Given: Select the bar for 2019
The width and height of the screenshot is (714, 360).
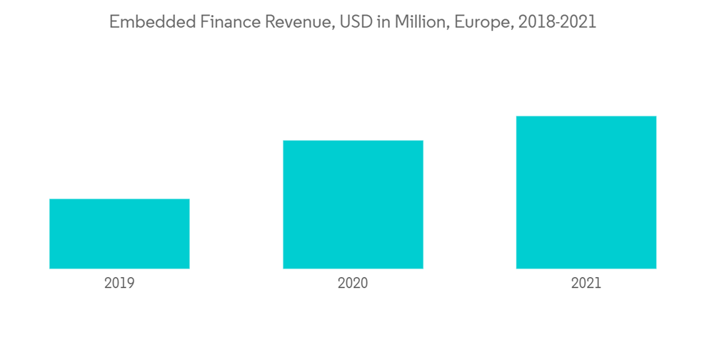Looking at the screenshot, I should [x=119, y=234].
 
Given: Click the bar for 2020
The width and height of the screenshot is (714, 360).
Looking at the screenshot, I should [x=353, y=204].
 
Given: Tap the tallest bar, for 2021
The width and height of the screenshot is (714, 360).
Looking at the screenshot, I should [x=586, y=192].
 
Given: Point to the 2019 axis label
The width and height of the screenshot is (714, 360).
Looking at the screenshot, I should [x=119, y=284].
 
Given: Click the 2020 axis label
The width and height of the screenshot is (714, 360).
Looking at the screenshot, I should [x=353, y=284].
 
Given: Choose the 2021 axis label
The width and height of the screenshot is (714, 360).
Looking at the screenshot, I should [x=586, y=284].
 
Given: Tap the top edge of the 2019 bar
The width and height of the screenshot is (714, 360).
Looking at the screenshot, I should [x=119, y=200].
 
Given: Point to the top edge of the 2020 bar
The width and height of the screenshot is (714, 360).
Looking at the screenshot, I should [x=353, y=141].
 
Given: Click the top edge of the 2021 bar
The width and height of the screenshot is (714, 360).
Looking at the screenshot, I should [x=586, y=117].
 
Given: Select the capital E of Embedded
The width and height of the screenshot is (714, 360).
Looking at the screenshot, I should [x=114, y=23].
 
